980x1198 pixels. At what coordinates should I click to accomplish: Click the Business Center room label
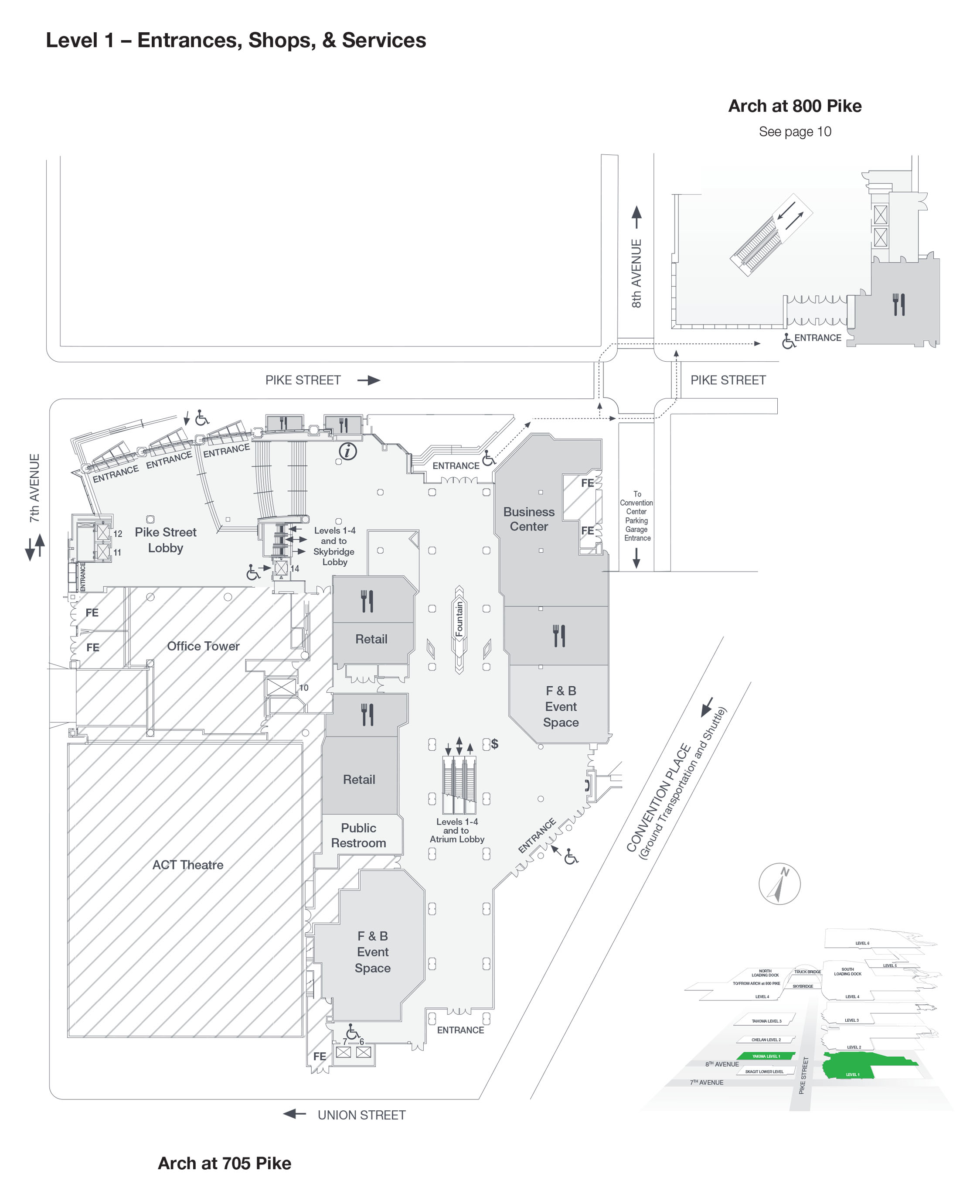click(528, 519)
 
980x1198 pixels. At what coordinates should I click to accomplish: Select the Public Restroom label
click(358, 835)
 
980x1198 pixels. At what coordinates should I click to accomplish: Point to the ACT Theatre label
click(187, 864)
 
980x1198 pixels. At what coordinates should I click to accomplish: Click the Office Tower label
click(203, 646)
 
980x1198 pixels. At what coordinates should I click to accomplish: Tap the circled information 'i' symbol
click(348, 451)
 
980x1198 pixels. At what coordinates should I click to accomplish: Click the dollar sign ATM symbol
click(494, 743)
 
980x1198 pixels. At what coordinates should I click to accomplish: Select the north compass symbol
click(779, 883)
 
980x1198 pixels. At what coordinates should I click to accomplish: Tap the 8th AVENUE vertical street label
click(636, 274)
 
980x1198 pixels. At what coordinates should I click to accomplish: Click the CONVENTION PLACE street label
click(658, 798)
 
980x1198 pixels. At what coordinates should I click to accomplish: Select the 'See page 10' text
click(794, 132)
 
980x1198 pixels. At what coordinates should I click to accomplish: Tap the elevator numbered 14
click(281, 567)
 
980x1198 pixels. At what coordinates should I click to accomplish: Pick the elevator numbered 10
click(281, 687)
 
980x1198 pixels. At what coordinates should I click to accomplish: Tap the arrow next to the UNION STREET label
click(294, 1114)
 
